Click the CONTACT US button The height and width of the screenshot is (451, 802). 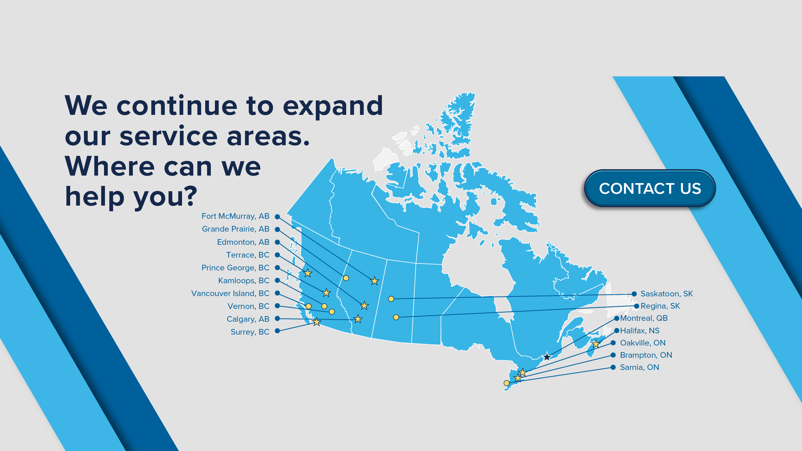650,188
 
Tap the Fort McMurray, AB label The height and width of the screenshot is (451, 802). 235,216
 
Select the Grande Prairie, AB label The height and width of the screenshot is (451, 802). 236,229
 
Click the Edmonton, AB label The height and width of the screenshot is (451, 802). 243,242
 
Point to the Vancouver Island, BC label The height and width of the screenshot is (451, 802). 230,294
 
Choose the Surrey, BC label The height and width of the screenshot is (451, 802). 250,332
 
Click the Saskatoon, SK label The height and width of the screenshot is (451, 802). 667,294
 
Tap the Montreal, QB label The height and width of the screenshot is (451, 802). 644,318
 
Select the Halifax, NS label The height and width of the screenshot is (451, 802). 640,331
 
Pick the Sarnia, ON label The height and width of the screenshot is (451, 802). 639,367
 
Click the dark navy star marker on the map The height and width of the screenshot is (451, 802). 547,356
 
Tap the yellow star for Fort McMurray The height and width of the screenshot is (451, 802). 375,281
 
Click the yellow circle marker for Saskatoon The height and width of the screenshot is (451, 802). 391,299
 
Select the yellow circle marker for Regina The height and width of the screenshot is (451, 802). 396,317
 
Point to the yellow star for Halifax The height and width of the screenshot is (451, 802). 596,344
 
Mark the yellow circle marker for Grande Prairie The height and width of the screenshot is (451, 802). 346,278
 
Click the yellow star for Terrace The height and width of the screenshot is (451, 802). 308,273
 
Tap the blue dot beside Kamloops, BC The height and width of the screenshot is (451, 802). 277,280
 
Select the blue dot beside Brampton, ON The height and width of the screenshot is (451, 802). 613,355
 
